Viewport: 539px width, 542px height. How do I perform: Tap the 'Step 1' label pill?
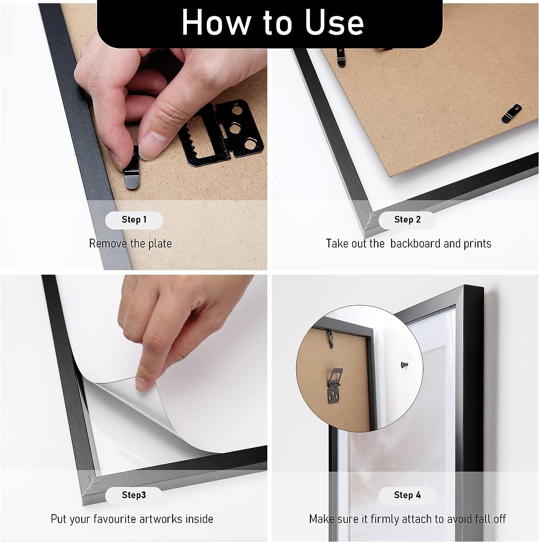click(x=134, y=220)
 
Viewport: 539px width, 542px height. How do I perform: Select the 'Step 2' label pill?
click(x=407, y=220)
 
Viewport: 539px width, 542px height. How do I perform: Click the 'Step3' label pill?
click(x=134, y=495)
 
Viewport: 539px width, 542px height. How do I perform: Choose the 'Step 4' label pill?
click(x=407, y=495)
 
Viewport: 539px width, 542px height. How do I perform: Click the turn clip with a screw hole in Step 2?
click(x=512, y=113)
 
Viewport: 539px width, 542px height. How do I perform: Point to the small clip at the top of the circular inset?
click(x=330, y=337)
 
